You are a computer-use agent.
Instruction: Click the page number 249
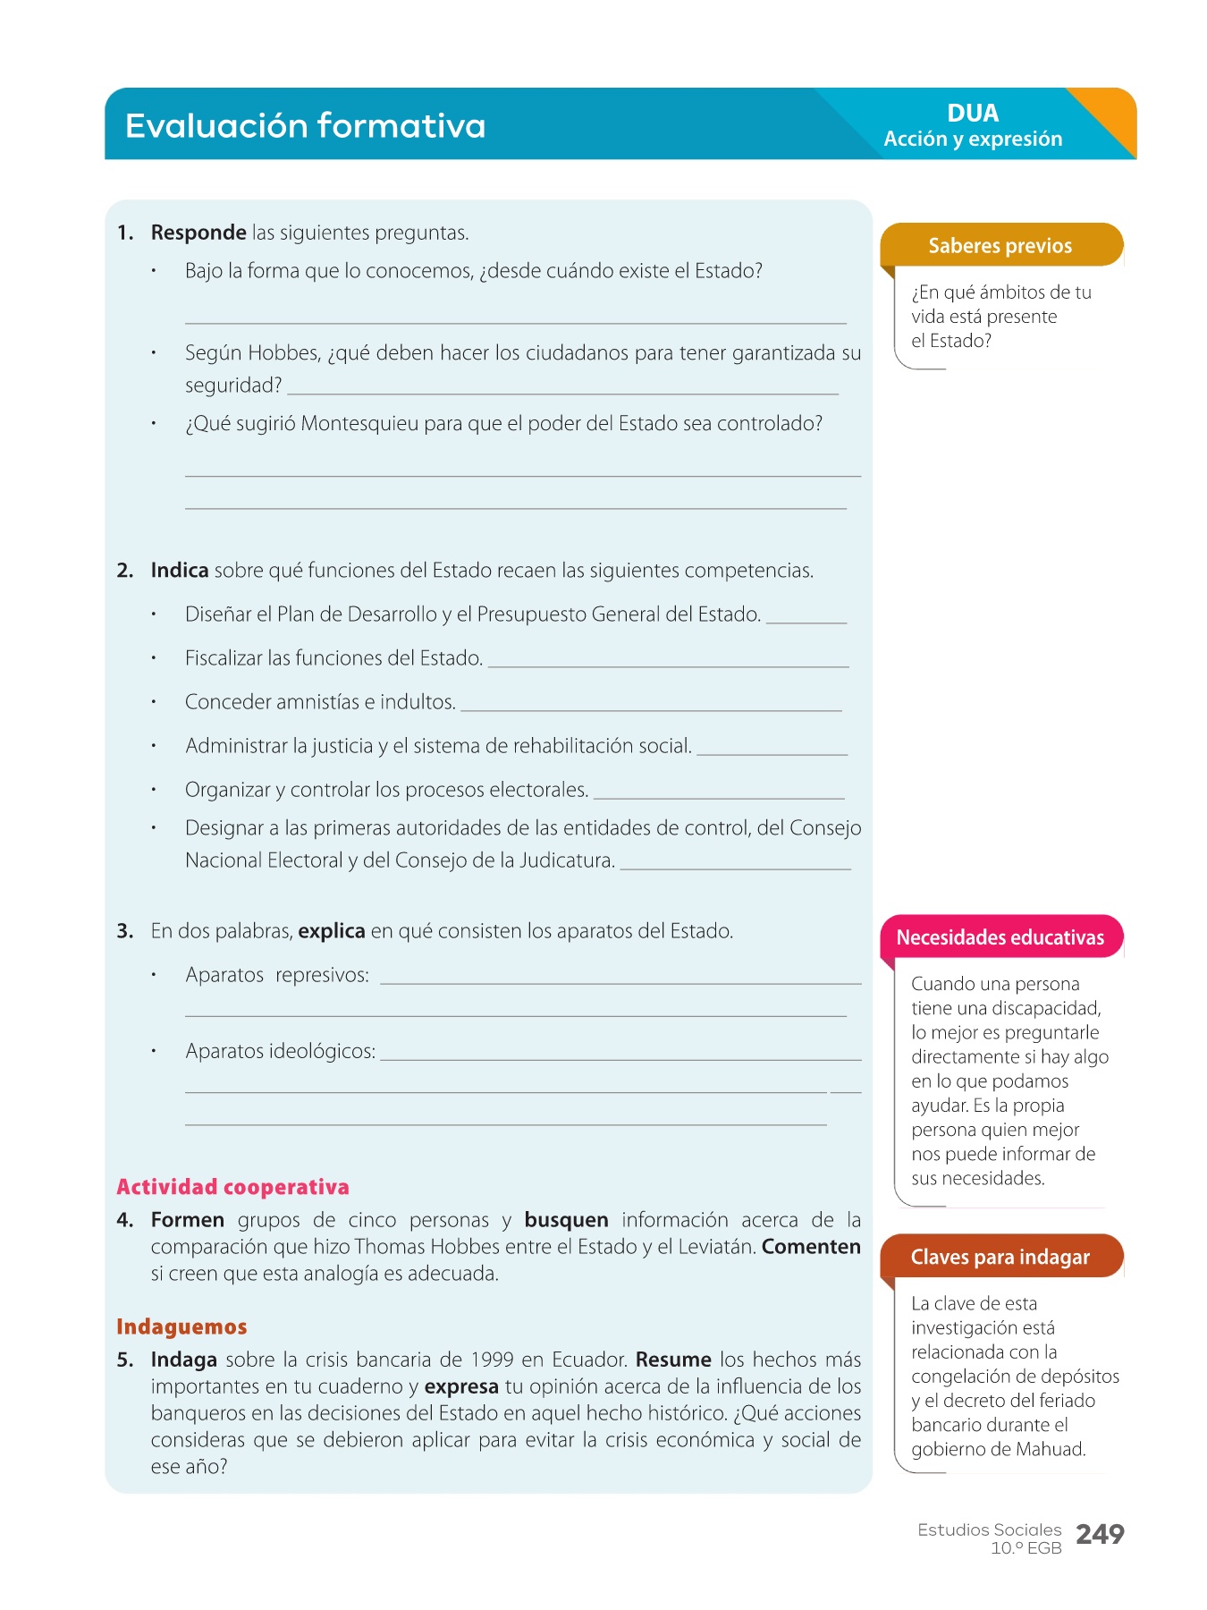pyautogui.click(x=1100, y=1535)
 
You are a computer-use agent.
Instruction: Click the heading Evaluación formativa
pyautogui.click(x=305, y=126)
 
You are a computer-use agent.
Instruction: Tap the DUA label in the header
pyautogui.click(x=973, y=114)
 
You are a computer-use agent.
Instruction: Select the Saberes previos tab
pyautogui.click(x=1000, y=246)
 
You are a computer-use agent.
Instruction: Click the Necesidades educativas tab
pyautogui.click(x=1000, y=937)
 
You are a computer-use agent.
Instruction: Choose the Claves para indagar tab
pyautogui.click(x=1000, y=1257)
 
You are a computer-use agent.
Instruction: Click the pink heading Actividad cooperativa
pyautogui.click(x=232, y=1187)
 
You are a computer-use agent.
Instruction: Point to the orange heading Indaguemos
pyautogui.click(x=181, y=1326)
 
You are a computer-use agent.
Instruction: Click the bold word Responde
pyautogui.click(x=198, y=233)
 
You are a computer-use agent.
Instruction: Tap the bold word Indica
pyautogui.click(x=180, y=571)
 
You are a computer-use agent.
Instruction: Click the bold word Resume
pyautogui.click(x=673, y=1360)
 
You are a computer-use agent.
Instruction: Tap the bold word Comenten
pyautogui.click(x=811, y=1247)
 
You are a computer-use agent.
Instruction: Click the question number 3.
pyautogui.click(x=125, y=931)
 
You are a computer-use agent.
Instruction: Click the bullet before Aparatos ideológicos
pyautogui.click(x=154, y=1051)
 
